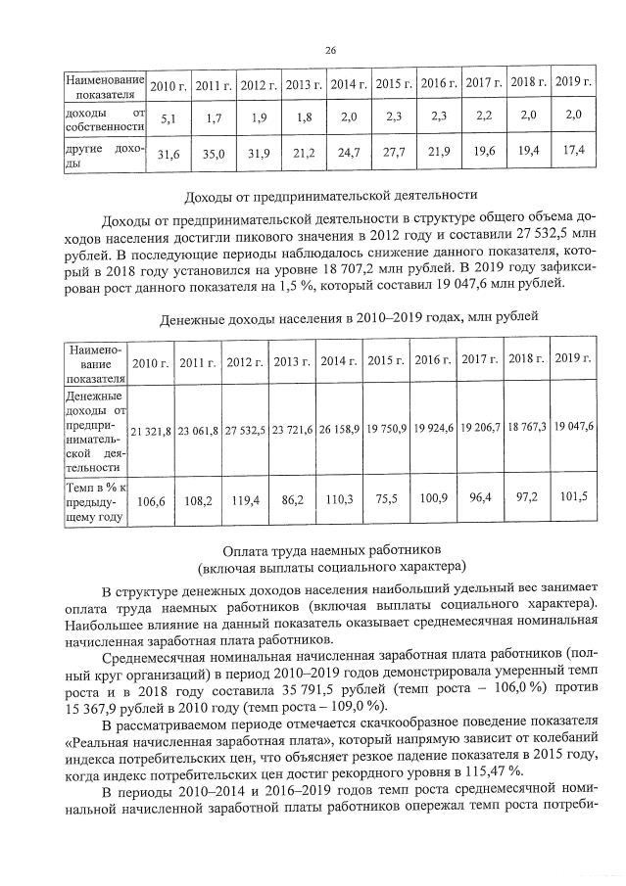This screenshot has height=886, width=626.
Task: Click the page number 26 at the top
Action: [x=330, y=51]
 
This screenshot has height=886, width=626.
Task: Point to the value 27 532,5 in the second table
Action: [x=245, y=431]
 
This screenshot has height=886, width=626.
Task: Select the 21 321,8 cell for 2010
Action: [x=152, y=431]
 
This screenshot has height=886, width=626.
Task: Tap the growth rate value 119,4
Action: [x=245, y=501]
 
